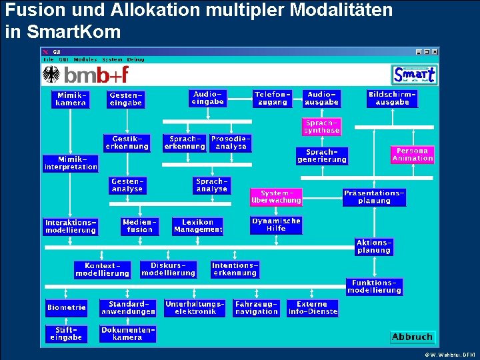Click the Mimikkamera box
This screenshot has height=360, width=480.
point(70,99)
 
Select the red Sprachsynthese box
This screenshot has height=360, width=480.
point(322,127)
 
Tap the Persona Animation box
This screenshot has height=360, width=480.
point(413,155)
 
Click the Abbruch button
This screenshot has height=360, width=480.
point(412,337)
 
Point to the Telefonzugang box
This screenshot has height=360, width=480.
point(272,98)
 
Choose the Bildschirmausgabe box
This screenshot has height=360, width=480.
point(392,98)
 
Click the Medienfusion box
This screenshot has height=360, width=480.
point(139,225)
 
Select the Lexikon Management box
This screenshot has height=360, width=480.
point(197,225)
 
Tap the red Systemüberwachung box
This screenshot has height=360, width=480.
point(276,197)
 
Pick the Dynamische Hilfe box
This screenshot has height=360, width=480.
point(276,225)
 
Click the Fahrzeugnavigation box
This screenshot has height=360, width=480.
point(256,307)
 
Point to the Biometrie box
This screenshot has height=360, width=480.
point(67,307)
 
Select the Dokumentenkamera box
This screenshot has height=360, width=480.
point(127,333)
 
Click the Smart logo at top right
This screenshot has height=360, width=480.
point(414,74)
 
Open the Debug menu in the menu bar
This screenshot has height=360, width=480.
point(136,59)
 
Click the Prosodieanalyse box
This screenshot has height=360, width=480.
point(231,143)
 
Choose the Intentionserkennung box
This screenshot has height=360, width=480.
point(235,269)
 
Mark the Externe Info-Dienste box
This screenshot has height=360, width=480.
point(313,307)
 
